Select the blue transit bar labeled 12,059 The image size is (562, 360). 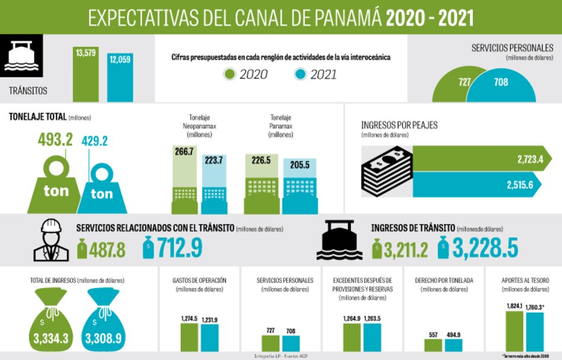point(120,80)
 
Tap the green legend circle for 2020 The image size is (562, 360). point(230,74)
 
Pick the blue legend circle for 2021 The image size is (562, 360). point(301,74)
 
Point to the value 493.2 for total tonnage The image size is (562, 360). point(55,140)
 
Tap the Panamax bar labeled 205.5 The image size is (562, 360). point(299,180)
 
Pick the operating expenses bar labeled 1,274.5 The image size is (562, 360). point(189,338)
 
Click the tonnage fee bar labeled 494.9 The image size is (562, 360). point(453,345)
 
